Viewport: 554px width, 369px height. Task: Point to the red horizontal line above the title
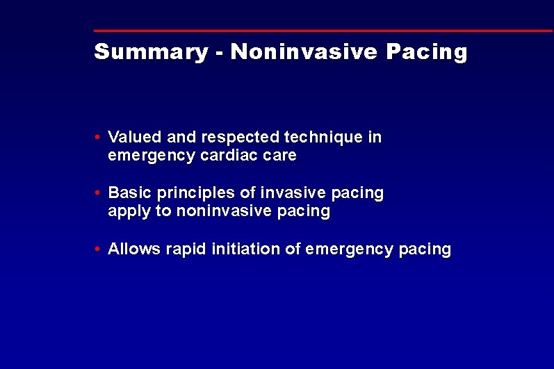click(x=323, y=31)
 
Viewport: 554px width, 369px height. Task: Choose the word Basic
click(x=128, y=192)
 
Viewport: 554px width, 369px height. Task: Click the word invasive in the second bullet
click(x=284, y=192)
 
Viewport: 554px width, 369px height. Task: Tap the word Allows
click(x=134, y=249)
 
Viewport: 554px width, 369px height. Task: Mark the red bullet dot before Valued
click(x=100, y=138)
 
